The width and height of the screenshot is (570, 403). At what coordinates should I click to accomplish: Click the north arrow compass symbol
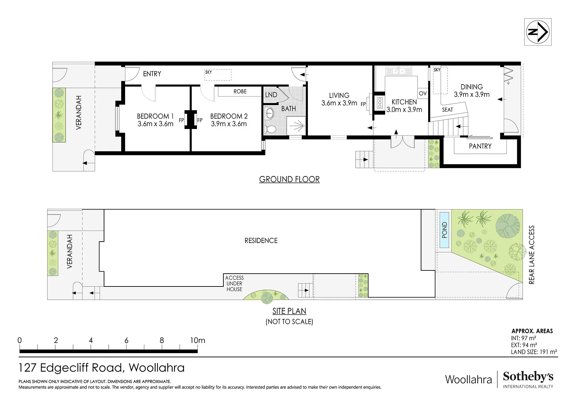(x=538, y=32)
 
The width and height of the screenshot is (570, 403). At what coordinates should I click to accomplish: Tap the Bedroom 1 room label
(x=155, y=117)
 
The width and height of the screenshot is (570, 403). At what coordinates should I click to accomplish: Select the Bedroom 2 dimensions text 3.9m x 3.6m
(x=229, y=124)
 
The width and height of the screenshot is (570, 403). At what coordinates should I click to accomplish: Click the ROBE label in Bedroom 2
(x=240, y=91)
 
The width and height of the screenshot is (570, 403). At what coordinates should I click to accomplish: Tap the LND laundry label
(x=271, y=95)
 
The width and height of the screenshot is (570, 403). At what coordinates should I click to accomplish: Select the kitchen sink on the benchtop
(x=399, y=71)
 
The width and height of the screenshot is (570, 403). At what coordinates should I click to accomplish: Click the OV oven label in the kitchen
(x=423, y=93)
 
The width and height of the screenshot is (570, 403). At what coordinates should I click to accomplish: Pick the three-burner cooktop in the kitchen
(x=380, y=103)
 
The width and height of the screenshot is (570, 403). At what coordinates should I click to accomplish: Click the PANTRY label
(x=480, y=146)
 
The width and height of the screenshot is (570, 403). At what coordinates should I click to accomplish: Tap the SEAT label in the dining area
(x=447, y=110)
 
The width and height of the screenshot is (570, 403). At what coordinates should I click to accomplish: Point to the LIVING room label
(x=339, y=95)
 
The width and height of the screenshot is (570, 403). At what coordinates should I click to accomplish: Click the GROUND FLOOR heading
(x=289, y=179)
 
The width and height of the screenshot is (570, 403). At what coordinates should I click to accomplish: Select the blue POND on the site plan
(x=444, y=230)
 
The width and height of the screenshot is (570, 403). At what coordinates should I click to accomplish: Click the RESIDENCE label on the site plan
(x=261, y=241)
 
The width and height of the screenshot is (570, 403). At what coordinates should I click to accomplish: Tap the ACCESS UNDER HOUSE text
(x=234, y=284)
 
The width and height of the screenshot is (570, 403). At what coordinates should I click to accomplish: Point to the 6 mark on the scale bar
(x=126, y=340)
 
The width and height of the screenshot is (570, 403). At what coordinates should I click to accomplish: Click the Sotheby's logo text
(x=528, y=377)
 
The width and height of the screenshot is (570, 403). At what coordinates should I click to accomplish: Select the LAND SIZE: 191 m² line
(x=534, y=352)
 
